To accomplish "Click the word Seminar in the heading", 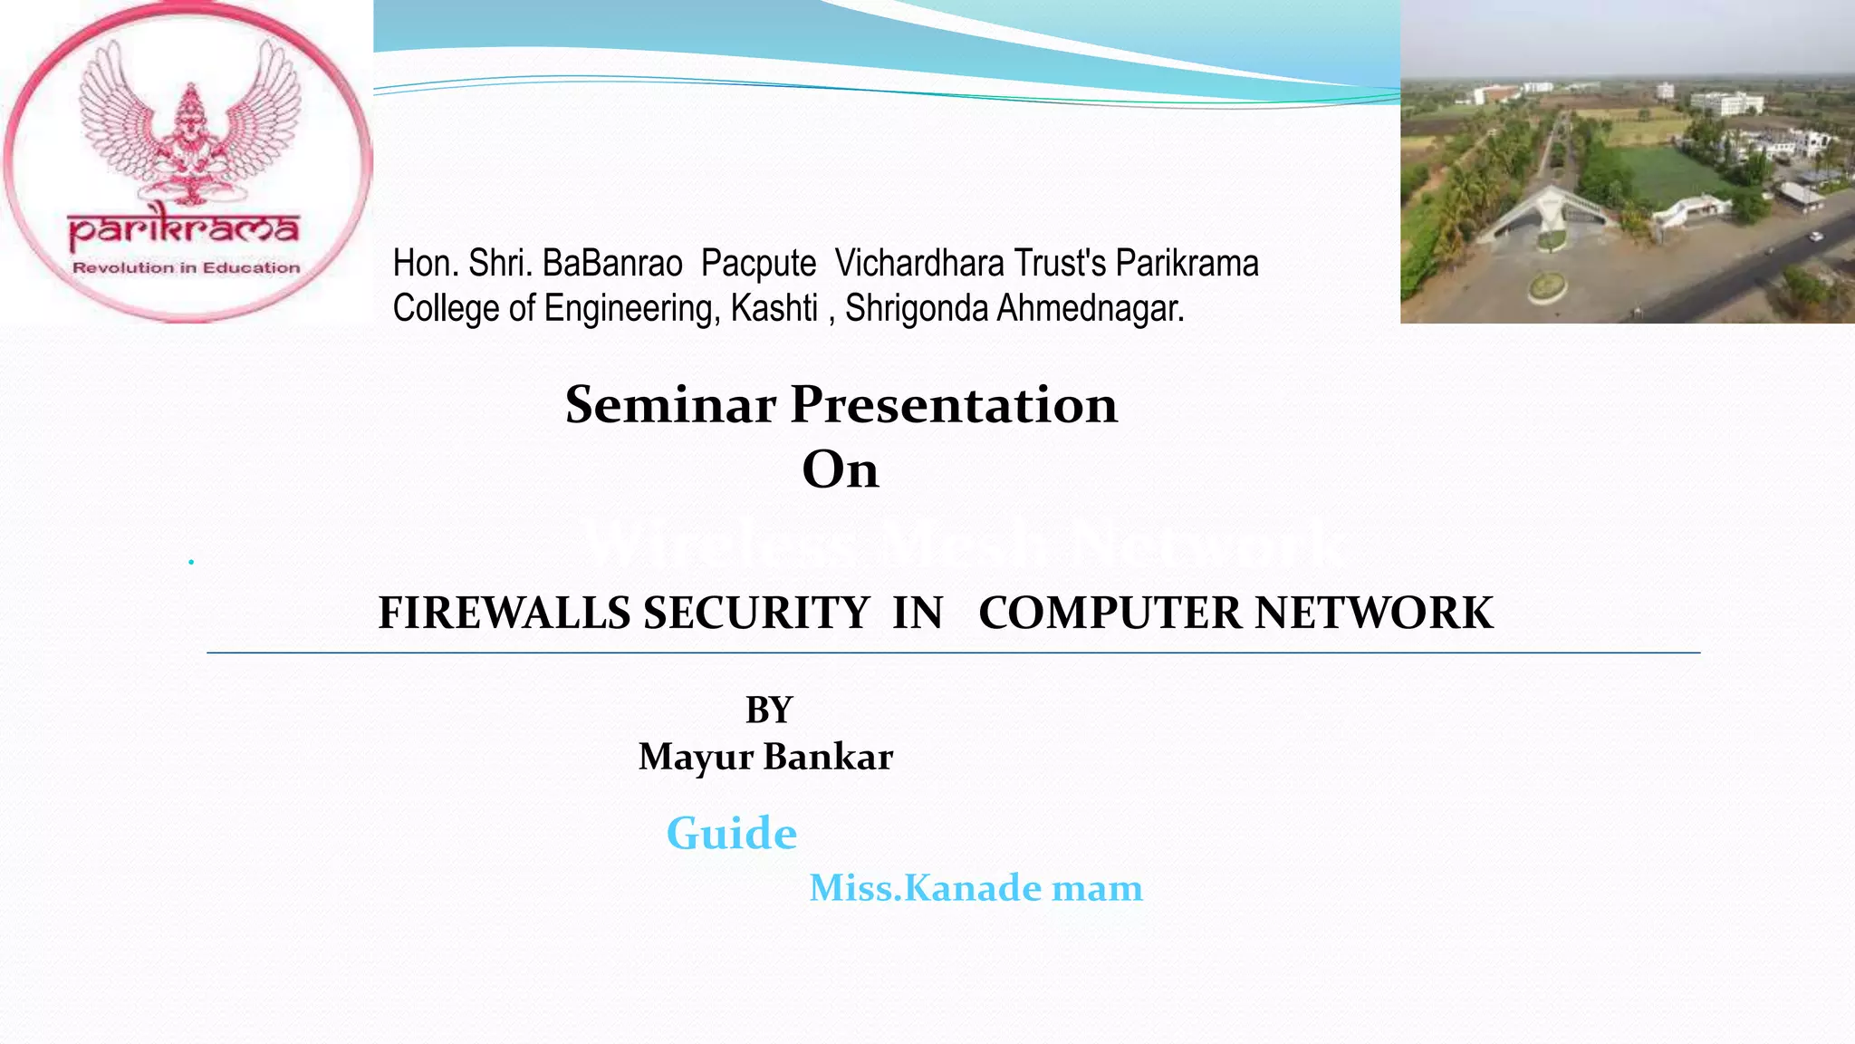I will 670,404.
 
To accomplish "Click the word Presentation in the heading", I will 954,404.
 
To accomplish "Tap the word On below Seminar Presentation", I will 840,469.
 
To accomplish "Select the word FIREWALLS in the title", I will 504,614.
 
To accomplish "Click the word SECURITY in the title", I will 756,614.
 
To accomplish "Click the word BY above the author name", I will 768,710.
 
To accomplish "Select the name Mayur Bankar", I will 765,757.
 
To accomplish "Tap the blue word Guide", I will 731,833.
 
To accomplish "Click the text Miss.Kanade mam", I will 976,888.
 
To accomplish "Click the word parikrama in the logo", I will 184,229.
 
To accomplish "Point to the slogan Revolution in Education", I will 186,268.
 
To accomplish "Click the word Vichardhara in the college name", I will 919,264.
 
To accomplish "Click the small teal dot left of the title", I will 191,562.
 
